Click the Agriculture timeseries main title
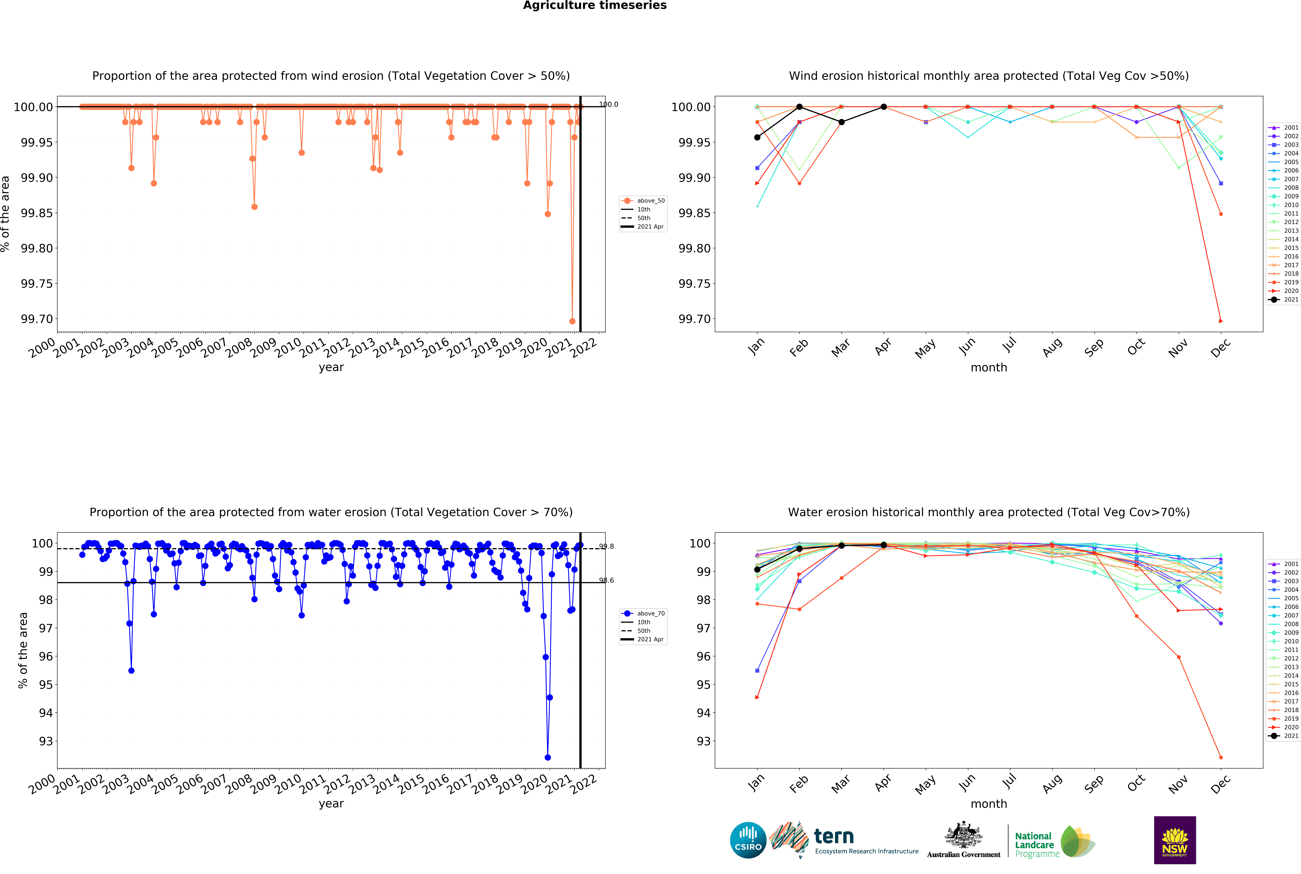[x=595, y=6]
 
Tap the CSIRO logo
[x=748, y=840]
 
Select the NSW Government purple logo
[x=1174, y=840]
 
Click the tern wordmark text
[x=834, y=836]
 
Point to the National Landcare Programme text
[x=1037, y=844]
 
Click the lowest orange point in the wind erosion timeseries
[x=572, y=321]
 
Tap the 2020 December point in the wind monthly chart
[x=1221, y=321]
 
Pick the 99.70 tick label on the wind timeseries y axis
[x=37, y=319]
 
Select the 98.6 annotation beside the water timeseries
[x=607, y=580]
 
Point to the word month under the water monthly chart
[x=989, y=804]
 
